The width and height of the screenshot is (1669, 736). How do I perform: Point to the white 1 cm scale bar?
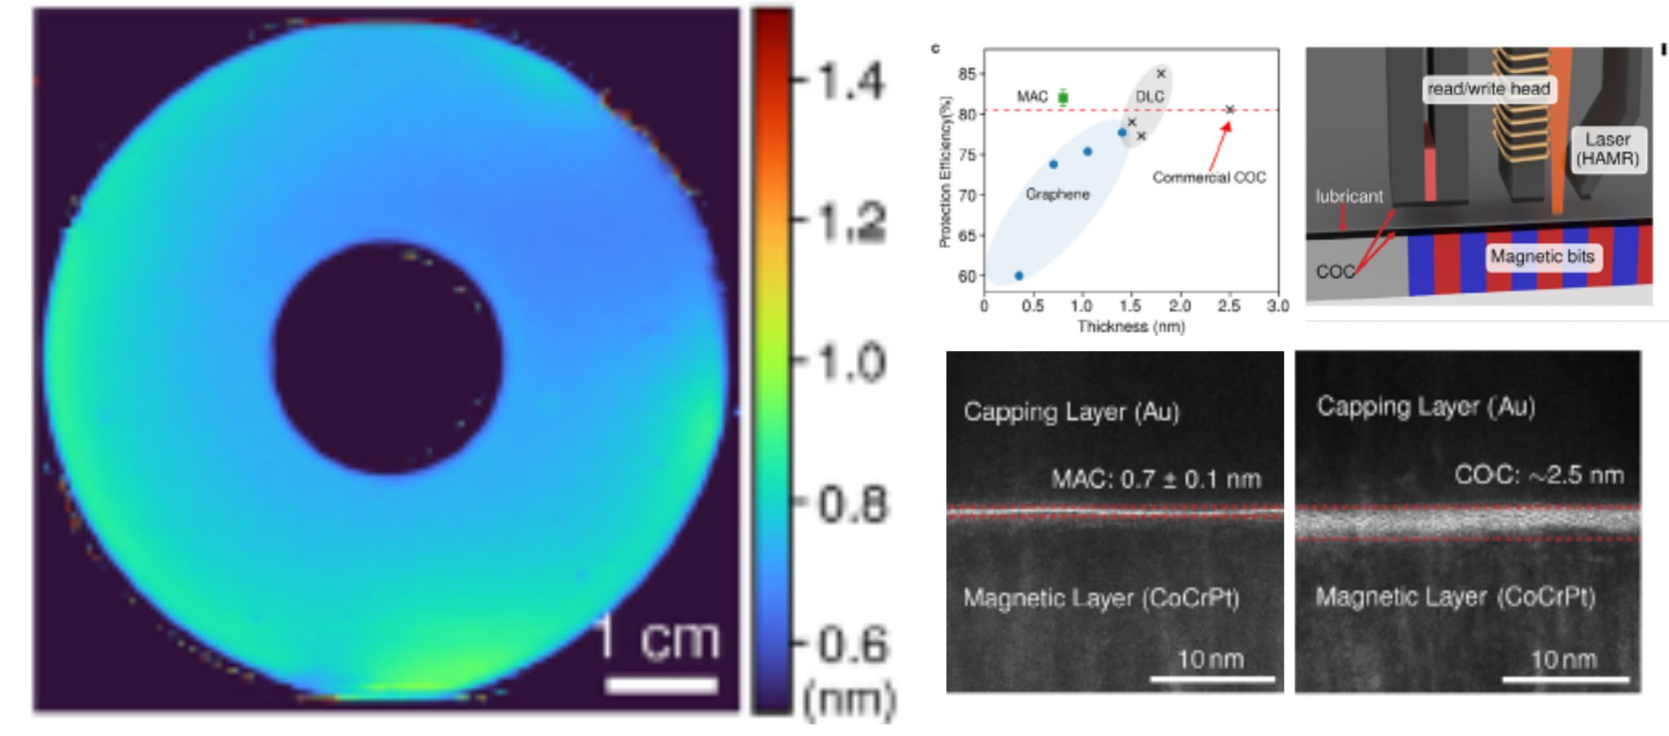661,685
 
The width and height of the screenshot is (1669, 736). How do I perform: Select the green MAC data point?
1063,98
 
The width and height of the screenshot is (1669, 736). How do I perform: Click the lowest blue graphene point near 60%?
1019,275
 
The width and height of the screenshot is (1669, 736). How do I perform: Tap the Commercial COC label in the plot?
1209,178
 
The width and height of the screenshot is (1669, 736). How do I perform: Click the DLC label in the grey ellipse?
1149,97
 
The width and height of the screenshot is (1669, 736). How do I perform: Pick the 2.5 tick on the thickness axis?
1228,306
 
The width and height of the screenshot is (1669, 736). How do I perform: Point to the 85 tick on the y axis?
967,74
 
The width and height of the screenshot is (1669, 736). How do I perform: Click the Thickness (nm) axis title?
1131,327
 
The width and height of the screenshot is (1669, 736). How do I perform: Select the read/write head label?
1488,89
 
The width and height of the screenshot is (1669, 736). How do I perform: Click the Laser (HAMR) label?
1607,149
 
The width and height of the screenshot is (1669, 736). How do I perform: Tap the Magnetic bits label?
1542,257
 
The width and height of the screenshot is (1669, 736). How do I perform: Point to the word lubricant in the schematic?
1349,196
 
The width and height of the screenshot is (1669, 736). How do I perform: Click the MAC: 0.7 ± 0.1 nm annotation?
1156,478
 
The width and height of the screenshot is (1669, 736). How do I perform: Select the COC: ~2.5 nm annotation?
1539,474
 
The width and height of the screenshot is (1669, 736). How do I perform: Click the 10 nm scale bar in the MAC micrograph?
1212,678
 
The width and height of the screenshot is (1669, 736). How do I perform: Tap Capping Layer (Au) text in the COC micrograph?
1425,407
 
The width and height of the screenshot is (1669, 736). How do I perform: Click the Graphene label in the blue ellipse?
1057,194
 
